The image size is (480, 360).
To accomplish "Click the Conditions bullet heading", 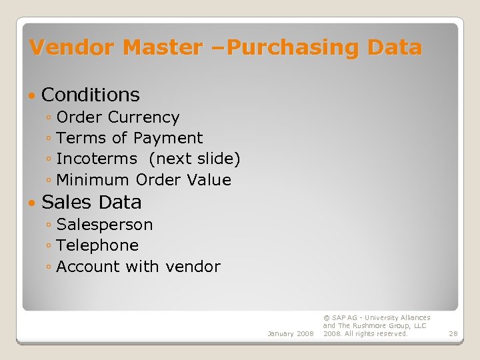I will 91,95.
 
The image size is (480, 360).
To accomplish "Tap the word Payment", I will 168,138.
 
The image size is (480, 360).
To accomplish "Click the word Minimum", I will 93,180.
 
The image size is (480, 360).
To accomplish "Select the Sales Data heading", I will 91,202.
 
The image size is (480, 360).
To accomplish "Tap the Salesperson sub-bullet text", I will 105,225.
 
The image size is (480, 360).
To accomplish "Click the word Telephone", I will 97,245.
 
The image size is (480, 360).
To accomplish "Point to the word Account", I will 86,267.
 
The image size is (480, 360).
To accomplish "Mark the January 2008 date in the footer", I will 290,333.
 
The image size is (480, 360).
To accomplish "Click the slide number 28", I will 453,333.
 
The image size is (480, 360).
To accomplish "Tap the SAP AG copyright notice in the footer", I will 377,325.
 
